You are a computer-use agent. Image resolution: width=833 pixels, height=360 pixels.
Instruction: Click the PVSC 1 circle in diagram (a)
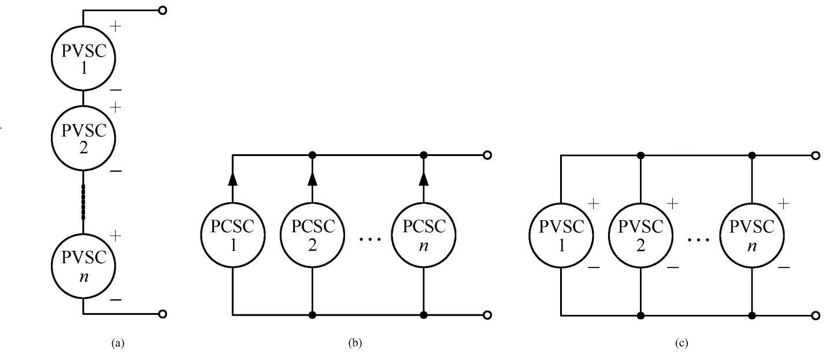pyautogui.click(x=83, y=58)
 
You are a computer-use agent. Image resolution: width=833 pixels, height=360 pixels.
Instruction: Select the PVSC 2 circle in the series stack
pyautogui.click(x=83, y=138)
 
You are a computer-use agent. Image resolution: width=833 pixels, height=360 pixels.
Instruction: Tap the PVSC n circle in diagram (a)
pyautogui.click(x=83, y=266)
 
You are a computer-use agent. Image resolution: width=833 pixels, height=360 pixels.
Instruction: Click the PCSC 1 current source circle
pyautogui.click(x=233, y=235)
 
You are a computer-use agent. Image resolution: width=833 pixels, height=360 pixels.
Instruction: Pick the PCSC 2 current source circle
pyautogui.click(x=312, y=235)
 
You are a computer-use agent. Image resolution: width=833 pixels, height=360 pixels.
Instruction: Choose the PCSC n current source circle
pyautogui.click(x=424, y=235)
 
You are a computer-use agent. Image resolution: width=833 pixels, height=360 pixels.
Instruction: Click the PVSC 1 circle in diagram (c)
pyautogui.click(x=561, y=235)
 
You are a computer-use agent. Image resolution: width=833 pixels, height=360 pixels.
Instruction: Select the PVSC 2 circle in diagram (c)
pyautogui.click(x=641, y=235)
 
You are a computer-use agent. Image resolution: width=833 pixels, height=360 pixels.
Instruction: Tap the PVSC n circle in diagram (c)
pyautogui.click(x=752, y=235)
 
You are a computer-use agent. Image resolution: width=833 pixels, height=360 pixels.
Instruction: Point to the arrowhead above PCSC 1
pyautogui.click(x=233, y=179)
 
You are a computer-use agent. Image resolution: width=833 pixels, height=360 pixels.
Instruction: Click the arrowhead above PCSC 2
pyautogui.click(x=312, y=179)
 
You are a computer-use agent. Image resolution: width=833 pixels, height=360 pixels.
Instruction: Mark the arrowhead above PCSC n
pyautogui.click(x=424, y=179)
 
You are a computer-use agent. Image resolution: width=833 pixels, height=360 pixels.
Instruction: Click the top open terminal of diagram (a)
pyautogui.click(x=162, y=10)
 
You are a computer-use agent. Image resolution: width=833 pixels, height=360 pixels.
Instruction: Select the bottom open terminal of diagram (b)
pyautogui.click(x=487, y=315)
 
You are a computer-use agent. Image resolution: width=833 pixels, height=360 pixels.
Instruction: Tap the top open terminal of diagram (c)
pyautogui.click(x=816, y=155)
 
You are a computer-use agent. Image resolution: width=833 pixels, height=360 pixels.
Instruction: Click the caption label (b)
pyautogui.click(x=355, y=343)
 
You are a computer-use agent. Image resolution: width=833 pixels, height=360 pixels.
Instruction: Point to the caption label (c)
pyautogui.click(x=682, y=343)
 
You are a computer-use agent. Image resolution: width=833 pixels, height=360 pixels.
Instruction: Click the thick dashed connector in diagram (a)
pyautogui.click(x=83, y=202)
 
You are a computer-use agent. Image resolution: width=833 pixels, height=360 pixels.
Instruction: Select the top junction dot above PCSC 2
pyautogui.click(x=312, y=155)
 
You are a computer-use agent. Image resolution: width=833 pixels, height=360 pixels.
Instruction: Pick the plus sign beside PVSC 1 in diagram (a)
pyautogui.click(x=116, y=27)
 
